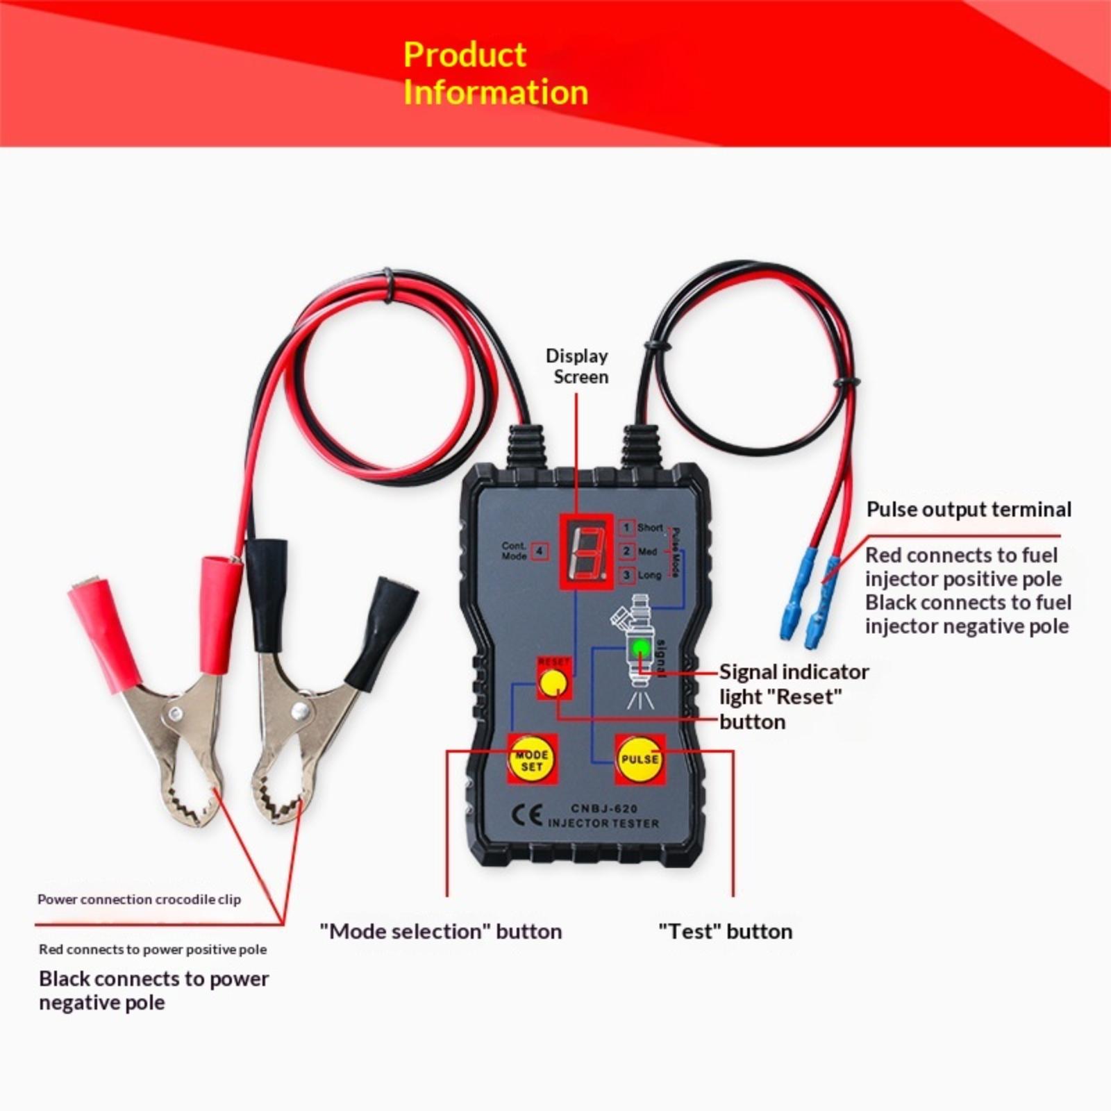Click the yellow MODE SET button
coord(531,760)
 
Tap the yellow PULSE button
coord(639,759)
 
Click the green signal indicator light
coord(641,649)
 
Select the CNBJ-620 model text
coord(604,808)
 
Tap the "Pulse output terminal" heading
coord(969,510)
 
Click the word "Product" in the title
coord(465,55)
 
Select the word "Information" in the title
coord(496,92)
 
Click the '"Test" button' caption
coord(725,931)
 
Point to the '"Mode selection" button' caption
coord(441,931)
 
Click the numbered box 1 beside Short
coord(626,528)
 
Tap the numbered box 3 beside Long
coord(627,575)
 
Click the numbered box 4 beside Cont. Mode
coord(540,551)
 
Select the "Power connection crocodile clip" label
coord(139,899)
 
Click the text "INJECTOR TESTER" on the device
coord(603,824)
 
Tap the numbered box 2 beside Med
coord(626,551)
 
